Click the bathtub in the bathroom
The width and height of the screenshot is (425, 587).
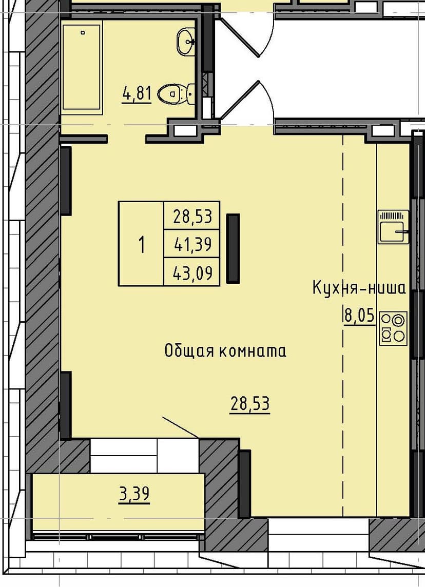[x=82, y=65]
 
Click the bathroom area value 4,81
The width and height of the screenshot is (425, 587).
[x=137, y=94]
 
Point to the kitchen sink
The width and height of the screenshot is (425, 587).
[x=393, y=227]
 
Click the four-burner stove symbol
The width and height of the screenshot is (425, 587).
[x=393, y=328]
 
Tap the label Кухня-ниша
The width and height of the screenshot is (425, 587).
[x=359, y=288]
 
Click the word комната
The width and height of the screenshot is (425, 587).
[x=253, y=351]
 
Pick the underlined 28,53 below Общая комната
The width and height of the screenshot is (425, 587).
[x=250, y=404]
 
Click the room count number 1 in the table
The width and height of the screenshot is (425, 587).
[x=141, y=244]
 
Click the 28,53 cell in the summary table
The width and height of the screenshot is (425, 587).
[x=192, y=216]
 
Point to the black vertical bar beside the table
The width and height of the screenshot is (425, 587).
[x=233, y=248]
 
